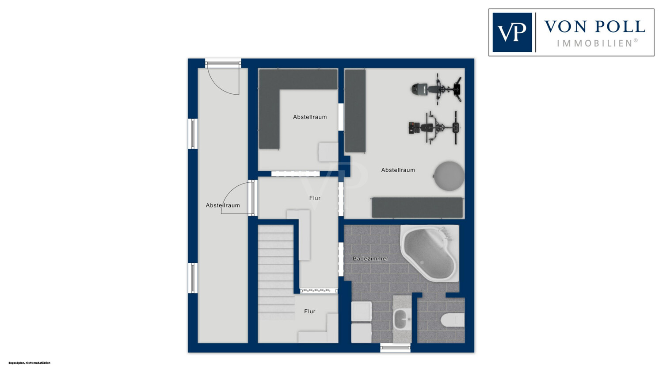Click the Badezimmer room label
tap(370, 259)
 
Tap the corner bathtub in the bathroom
tap(429, 253)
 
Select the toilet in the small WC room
tap(453, 320)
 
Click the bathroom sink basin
tap(401, 319)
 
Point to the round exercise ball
tap(449, 176)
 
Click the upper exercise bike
tap(436, 89)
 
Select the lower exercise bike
tap(434, 128)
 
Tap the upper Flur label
tap(315, 198)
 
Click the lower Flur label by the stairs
tap(309, 311)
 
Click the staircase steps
tap(276, 272)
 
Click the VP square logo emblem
tap(512, 32)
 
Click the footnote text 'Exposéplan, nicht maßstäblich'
tap(29, 363)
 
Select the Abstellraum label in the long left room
tap(223, 205)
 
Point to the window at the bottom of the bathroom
tap(395, 348)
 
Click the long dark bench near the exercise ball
tap(417, 208)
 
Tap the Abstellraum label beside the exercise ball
tap(398, 170)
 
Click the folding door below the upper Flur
tap(319, 291)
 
